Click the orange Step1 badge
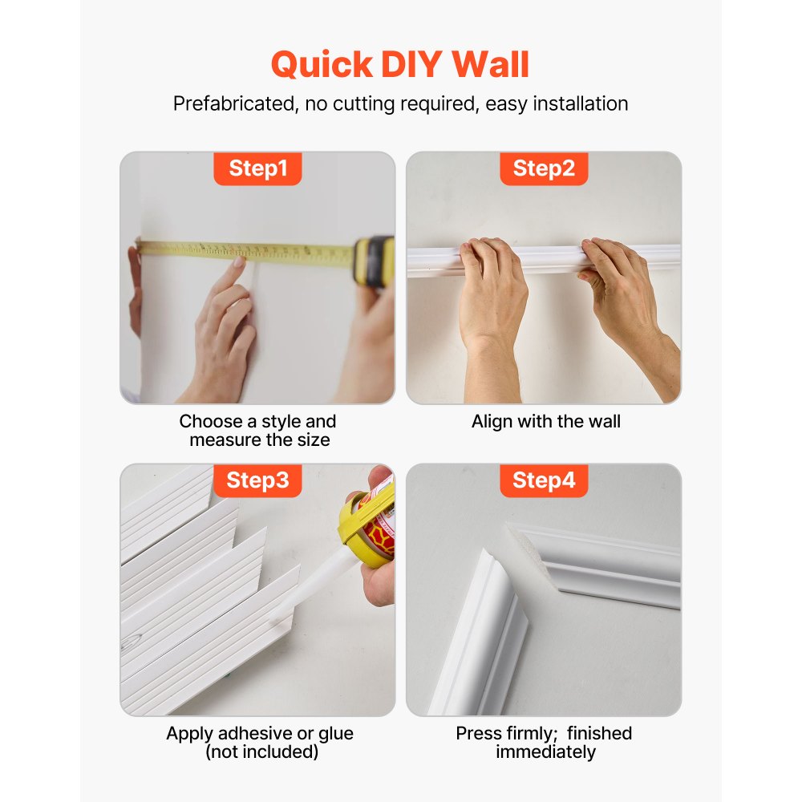(257, 168)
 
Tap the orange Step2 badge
(544, 168)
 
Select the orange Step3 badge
(257, 480)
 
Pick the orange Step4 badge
(544, 480)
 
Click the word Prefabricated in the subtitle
(232, 103)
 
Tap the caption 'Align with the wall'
(545, 421)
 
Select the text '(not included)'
(261, 752)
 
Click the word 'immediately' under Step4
(545, 752)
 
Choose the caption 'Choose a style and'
(257, 421)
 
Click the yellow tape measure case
(374, 261)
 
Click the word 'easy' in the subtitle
(503, 103)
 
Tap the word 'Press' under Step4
(478, 733)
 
